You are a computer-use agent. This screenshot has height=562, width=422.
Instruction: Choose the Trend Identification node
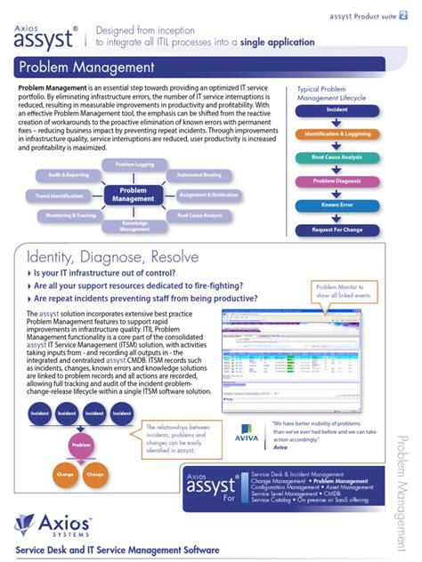coord(60,195)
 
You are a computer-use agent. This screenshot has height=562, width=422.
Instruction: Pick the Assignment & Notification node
coord(208,195)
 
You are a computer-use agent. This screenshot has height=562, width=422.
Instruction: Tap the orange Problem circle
coord(81,445)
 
